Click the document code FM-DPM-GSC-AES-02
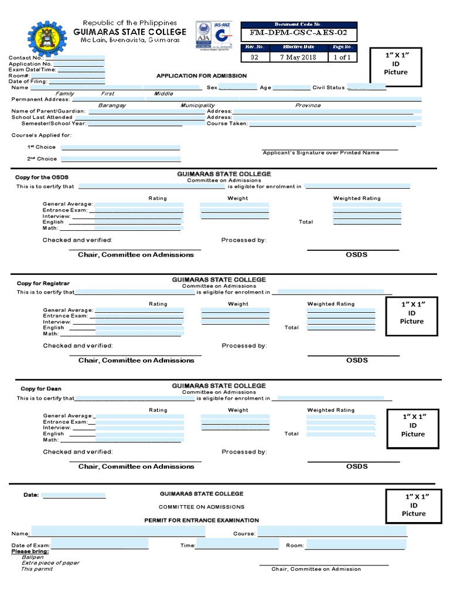click(299, 33)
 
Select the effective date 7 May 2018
click(299, 57)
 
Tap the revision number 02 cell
click(254, 57)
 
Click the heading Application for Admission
click(201, 76)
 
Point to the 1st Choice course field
click(121, 147)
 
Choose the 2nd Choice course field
click(121, 159)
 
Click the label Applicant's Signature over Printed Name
click(321, 153)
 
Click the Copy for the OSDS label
click(37, 177)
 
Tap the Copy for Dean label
click(41, 389)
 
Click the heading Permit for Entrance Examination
click(202, 520)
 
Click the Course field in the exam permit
click(332, 532)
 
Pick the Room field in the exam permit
click(355, 545)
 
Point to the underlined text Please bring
click(30, 551)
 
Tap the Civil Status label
click(328, 87)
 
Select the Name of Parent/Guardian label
click(49, 111)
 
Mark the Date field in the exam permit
click(73, 495)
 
